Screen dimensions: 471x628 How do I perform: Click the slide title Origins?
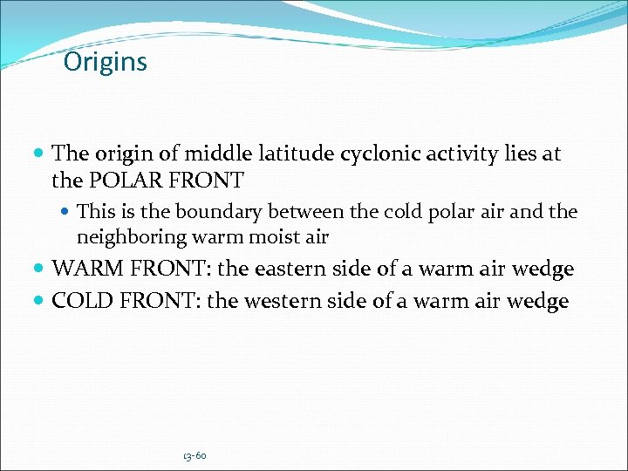(106, 63)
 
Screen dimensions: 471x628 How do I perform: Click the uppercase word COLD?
(79, 302)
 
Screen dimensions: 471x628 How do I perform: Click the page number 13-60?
(195, 456)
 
